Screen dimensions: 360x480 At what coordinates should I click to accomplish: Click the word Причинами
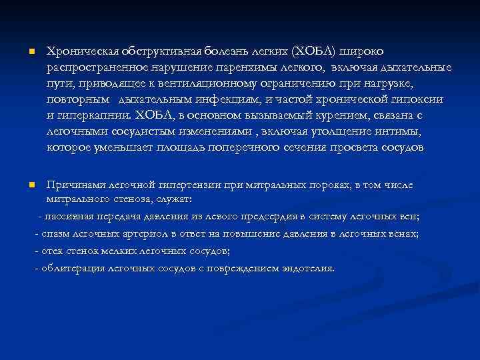click(73, 185)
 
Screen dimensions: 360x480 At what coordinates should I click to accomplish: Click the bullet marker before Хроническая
click(23, 51)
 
